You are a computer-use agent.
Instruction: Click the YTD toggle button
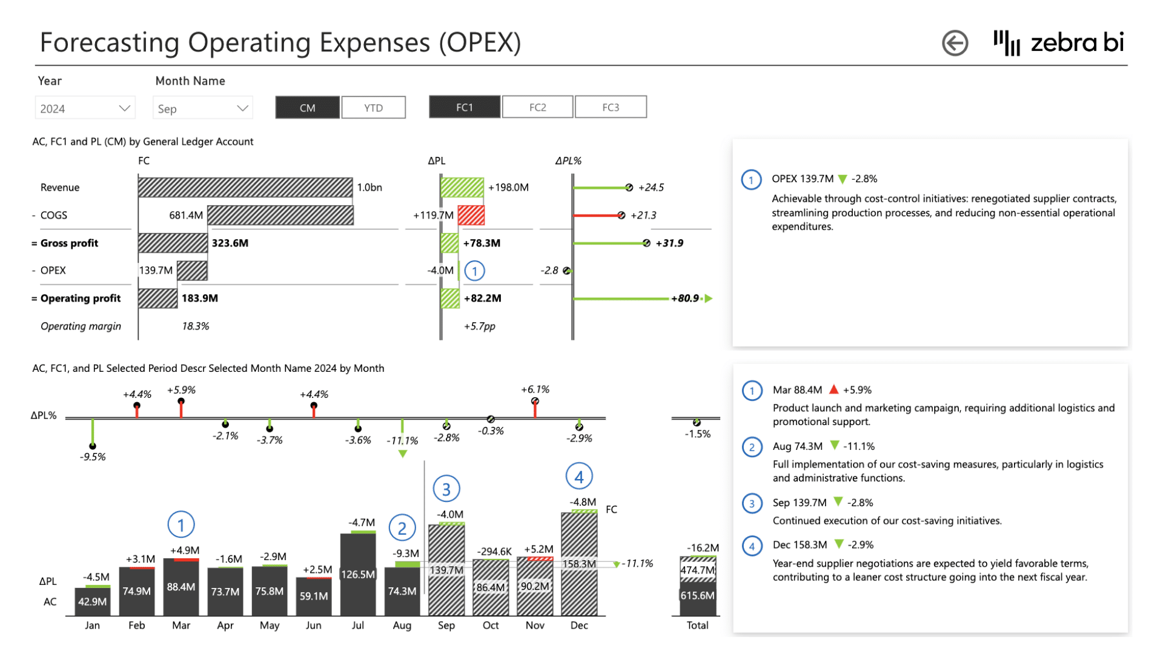pos(373,108)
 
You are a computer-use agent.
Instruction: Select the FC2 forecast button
pos(537,107)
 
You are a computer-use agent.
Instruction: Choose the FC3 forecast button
pos(611,107)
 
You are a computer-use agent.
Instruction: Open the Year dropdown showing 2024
pos(85,108)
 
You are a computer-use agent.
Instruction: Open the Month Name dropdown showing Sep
pos(202,108)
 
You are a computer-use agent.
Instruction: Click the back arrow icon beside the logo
pos(955,43)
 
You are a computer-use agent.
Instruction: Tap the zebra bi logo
pos(1059,42)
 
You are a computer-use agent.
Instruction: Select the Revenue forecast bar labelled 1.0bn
pos(245,187)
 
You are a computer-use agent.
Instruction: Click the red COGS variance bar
pos(471,215)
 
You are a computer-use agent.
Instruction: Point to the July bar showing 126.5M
pos(358,574)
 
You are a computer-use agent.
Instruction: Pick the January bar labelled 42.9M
pos(92,601)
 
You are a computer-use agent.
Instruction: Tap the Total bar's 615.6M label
pos(697,596)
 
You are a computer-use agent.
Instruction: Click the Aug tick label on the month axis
pos(402,626)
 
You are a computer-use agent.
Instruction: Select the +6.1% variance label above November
pos(535,389)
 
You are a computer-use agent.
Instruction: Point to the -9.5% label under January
pos(93,457)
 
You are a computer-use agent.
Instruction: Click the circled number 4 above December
pos(578,477)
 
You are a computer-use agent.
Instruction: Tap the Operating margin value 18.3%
pos(195,326)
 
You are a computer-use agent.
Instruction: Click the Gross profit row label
pos(69,243)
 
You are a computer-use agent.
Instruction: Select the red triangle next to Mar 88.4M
pos(834,389)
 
